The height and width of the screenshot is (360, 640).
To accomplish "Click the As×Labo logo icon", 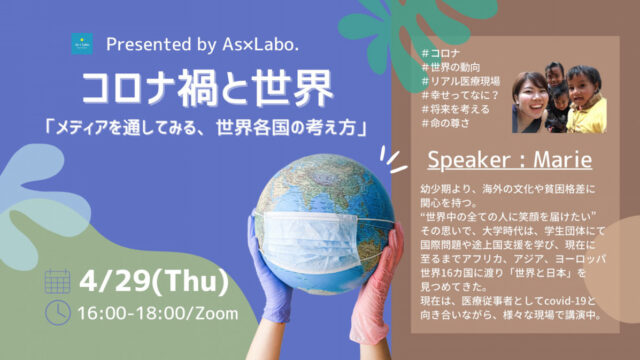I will (x=80, y=44).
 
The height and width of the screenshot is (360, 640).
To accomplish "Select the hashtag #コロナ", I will (x=444, y=52).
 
